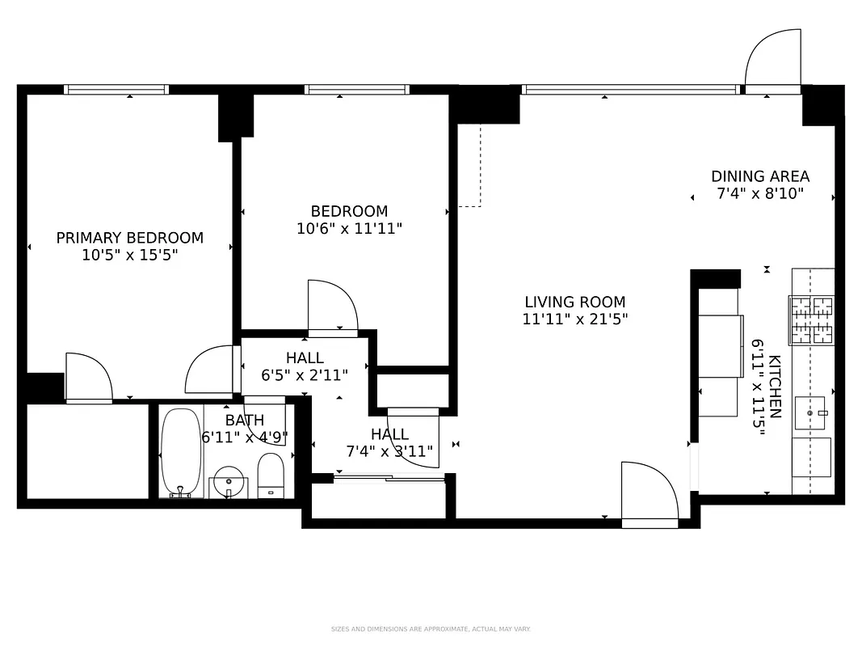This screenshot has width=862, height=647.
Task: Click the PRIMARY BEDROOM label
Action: (129, 238)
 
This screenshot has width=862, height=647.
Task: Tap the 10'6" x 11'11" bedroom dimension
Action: (349, 229)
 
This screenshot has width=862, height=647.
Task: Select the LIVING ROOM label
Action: (574, 302)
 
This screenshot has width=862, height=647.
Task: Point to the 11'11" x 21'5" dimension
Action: (574, 319)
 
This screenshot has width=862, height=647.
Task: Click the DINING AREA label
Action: (759, 176)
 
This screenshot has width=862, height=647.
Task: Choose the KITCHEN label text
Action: (775, 387)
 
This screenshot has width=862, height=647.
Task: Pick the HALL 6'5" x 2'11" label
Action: (305, 366)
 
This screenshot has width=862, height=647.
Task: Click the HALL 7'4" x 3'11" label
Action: (389, 442)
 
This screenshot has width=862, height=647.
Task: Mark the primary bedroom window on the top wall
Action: (116, 90)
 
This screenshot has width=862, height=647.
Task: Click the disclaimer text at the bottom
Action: (430, 629)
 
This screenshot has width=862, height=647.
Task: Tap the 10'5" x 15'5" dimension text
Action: (129, 256)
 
